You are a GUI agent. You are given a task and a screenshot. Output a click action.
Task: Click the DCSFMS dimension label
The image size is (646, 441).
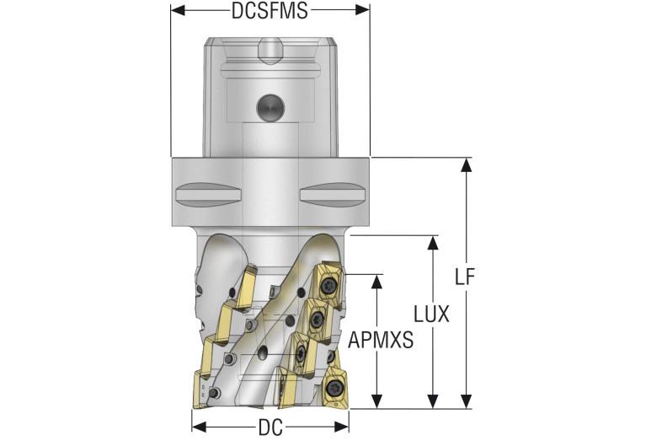[269, 12]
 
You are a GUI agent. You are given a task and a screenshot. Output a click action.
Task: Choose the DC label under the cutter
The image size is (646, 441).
[270, 428]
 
